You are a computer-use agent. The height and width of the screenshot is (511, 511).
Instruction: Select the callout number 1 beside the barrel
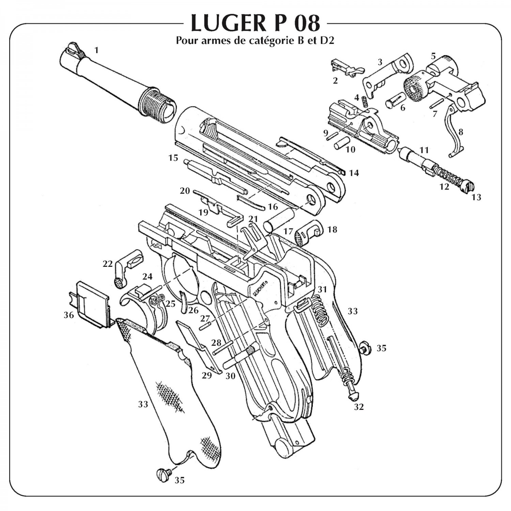pyautogui.click(x=96, y=50)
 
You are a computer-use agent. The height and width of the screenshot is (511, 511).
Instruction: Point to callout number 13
pyautogui.click(x=476, y=197)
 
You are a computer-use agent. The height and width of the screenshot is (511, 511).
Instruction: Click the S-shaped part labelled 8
pyautogui.click(x=455, y=131)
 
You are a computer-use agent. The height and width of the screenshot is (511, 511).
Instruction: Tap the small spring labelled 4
pyautogui.click(x=363, y=102)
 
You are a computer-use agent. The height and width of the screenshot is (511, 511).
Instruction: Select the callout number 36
pyautogui.click(x=69, y=315)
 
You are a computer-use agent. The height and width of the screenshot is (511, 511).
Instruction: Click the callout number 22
pyautogui.click(x=108, y=264)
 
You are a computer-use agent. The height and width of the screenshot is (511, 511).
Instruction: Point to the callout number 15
pyautogui.click(x=173, y=158)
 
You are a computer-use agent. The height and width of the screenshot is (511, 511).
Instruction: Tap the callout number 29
pyautogui.click(x=206, y=375)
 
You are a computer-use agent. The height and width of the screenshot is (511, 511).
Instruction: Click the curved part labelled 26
pyautogui.click(x=184, y=301)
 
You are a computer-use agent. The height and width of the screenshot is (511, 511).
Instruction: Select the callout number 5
pyautogui.click(x=433, y=56)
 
